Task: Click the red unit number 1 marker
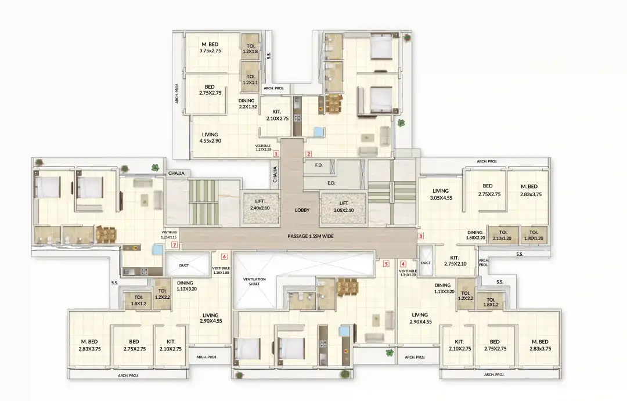276,154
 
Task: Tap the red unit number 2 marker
309,154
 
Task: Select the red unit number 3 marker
421,236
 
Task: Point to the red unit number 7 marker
174,245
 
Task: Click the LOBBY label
302,210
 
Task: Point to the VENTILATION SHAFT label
254,282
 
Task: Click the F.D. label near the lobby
319,165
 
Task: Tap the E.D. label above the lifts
331,183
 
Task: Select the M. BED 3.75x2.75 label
211,48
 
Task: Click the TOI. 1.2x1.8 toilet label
251,48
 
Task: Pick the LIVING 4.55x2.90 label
210,138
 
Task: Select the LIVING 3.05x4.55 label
441,194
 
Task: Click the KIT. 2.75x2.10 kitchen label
455,261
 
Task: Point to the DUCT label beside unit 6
185,265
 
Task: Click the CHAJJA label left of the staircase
176,173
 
